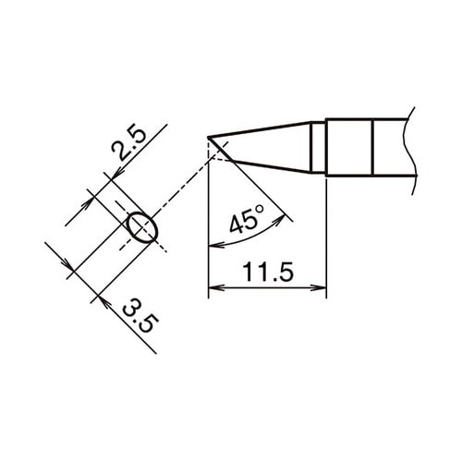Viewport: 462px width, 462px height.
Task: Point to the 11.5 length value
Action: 267,272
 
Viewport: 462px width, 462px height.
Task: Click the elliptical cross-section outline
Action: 141,225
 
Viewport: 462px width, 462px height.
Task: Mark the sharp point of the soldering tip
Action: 209,140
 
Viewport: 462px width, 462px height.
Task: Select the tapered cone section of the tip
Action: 268,146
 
